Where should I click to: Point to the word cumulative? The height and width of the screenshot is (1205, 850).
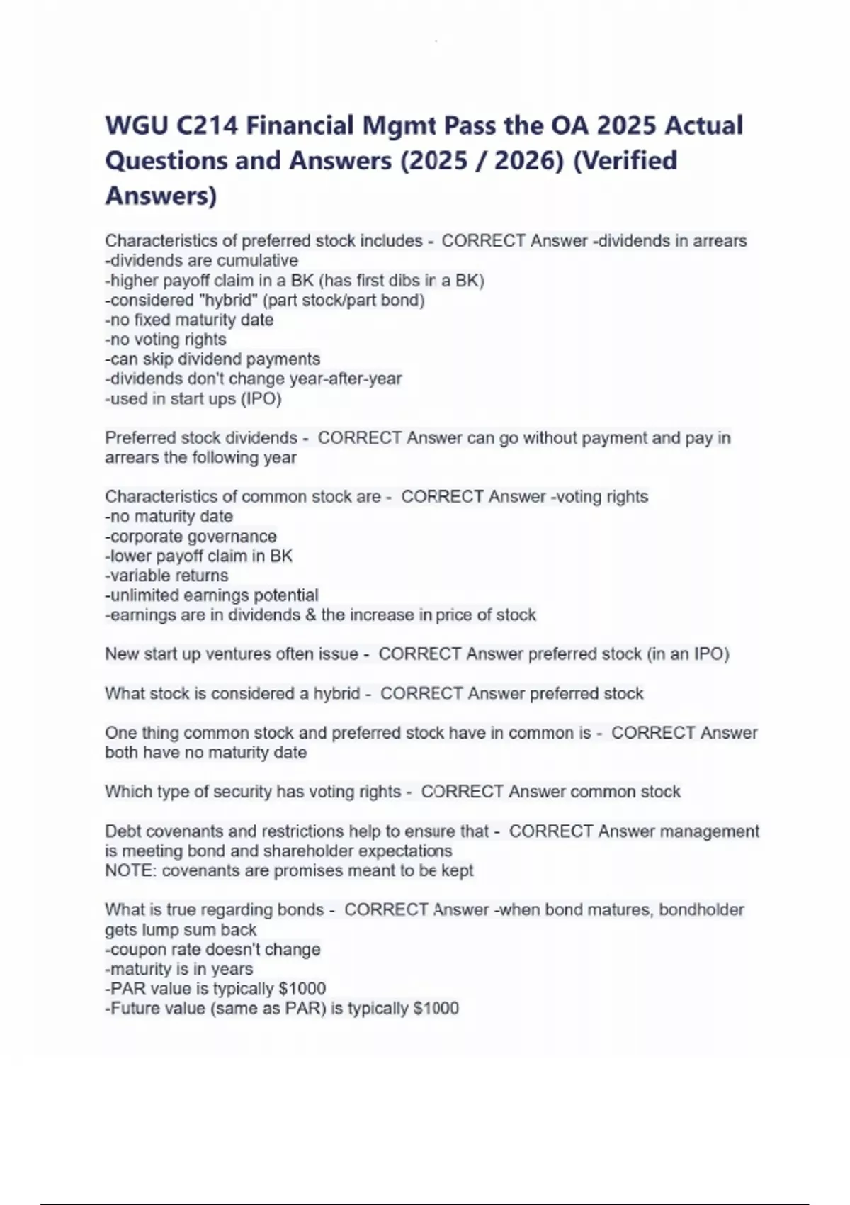257,261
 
